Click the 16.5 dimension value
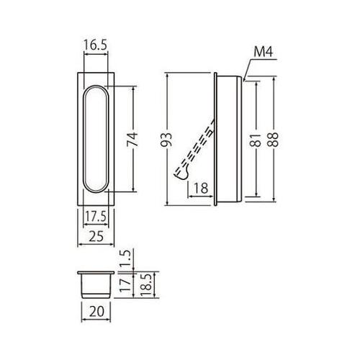tap(95, 45)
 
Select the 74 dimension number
tap(132, 140)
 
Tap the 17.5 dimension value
tap(94, 215)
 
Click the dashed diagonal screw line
tap(196, 145)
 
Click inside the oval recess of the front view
tap(95, 140)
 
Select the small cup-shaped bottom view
tap(94, 284)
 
